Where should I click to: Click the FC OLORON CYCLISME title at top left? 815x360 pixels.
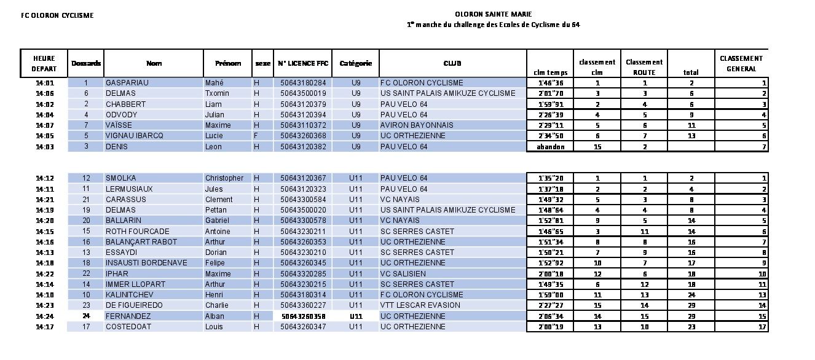[x=57, y=15]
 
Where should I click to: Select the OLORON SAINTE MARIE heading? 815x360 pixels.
[x=494, y=14]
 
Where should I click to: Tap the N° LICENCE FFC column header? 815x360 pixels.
[x=303, y=63]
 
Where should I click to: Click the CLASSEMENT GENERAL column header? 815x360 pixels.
[x=741, y=63]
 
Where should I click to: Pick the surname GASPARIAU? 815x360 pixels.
[x=127, y=82]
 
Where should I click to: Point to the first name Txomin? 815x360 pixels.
[x=217, y=93]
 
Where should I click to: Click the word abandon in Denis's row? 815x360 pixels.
[x=550, y=147]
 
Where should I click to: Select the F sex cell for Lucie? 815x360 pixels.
[x=256, y=136]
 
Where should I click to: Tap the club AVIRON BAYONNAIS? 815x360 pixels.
[x=417, y=125]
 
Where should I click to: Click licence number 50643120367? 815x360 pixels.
[x=303, y=178]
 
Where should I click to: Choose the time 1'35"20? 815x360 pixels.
[x=550, y=178]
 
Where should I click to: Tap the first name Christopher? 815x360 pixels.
[x=224, y=178]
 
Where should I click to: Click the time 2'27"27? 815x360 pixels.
[x=550, y=305]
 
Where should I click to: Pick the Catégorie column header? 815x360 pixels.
[x=356, y=63]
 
